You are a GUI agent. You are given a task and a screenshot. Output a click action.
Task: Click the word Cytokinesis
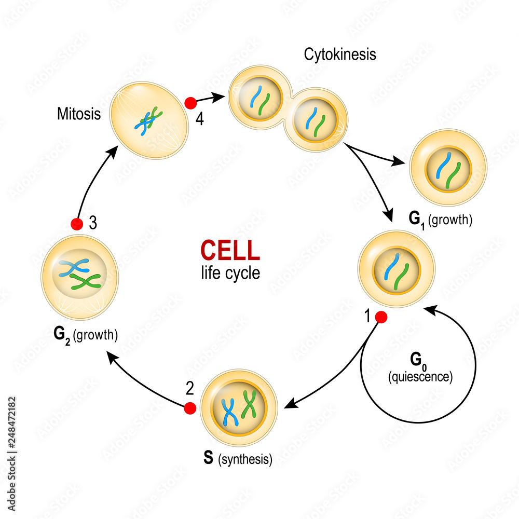[x=340, y=54]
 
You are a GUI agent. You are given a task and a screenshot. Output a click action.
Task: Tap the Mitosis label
[x=79, y=114]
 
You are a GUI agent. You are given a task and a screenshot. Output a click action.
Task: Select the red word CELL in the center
[x=230, y=250]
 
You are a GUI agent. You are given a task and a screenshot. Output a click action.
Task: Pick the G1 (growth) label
[x=440, y=219]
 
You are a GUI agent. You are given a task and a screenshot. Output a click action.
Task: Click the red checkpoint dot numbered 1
[x=381, y=318]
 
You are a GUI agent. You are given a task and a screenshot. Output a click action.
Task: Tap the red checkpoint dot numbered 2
[x=190, y=408]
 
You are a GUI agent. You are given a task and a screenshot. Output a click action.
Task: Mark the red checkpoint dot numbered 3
[x=77, y=224]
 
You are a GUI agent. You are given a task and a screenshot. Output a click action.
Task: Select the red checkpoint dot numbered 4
[x=190, y=102]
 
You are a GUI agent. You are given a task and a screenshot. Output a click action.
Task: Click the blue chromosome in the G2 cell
[x=74, y=267]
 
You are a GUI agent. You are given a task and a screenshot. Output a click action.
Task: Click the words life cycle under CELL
[x=230, y=273]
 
